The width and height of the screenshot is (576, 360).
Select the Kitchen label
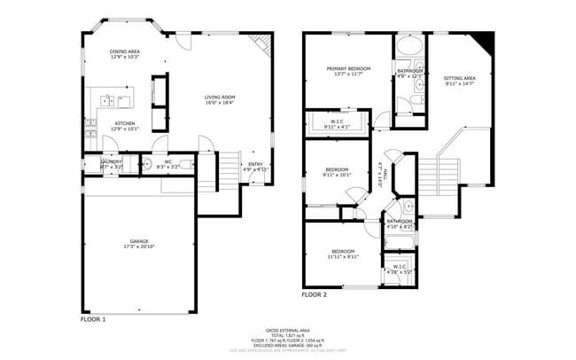[124, 126]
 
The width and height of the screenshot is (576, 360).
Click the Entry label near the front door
[255, 165]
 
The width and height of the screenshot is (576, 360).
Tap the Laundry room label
[111, 163]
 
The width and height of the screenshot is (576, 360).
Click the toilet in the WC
[160, 152]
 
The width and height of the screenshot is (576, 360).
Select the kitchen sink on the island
[105, 99]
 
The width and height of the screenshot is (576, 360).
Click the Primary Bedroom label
[347, 71]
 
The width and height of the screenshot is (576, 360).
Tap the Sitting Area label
[459, 81]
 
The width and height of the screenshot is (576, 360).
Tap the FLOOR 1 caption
[93, 318]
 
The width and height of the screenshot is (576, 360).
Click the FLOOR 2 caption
[314, 294]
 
